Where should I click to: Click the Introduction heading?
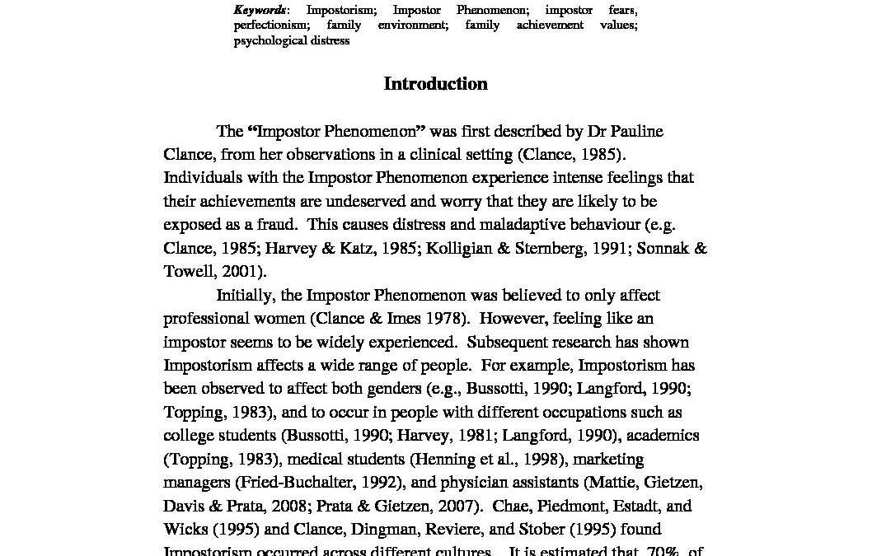pyautogui.click(x=435, y=84)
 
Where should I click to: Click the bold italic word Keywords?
pyautogui.click(x=260, y=10)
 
